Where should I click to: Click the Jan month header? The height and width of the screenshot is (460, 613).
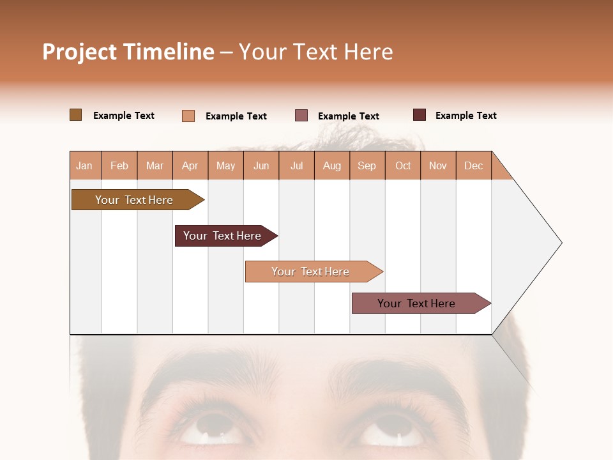point(84,165)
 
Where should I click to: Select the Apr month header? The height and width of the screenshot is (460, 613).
point(190,165)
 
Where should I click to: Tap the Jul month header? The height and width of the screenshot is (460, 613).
point(296,165)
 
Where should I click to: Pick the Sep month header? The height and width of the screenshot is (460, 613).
point(367,165)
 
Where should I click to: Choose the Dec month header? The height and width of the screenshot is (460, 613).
point(473,165)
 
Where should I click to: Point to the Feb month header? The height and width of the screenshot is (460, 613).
point(119,165)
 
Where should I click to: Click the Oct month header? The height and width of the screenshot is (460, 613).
point(403,165)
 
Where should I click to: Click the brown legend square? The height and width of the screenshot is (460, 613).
point(75,115)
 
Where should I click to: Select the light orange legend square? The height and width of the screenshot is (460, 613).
point(188,116)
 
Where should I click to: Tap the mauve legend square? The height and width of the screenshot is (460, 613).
point(301,116)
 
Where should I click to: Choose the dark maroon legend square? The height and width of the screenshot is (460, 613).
point(419,115)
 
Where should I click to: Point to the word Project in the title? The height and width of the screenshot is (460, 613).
point(80,52)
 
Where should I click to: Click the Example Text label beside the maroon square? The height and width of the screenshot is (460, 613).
point(465,116)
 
